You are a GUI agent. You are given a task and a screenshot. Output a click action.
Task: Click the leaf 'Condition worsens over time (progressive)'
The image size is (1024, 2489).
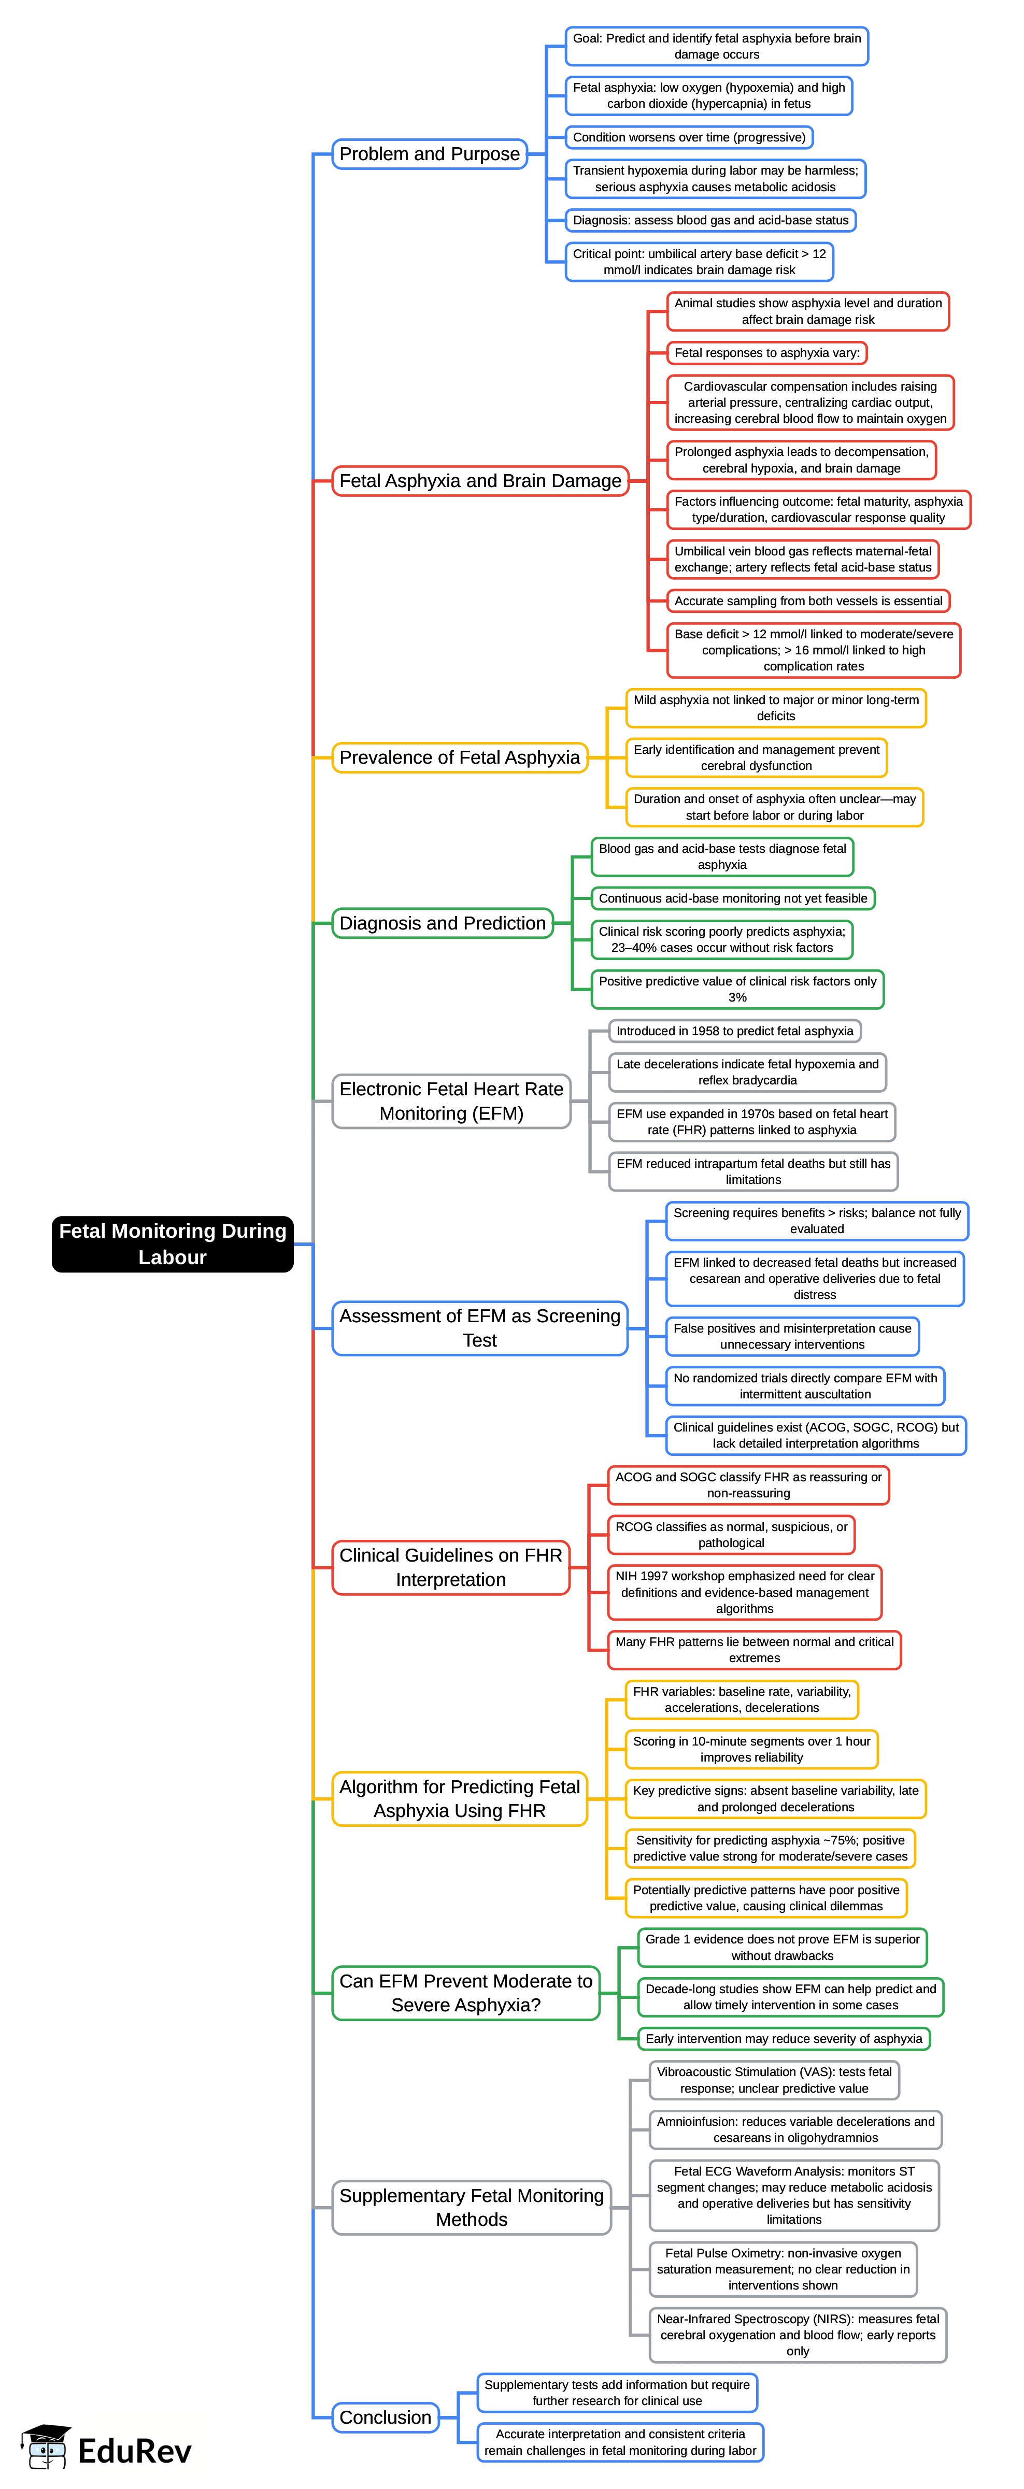pos(689,137)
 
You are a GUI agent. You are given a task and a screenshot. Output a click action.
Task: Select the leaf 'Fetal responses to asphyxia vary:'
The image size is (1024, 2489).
pos(767,353)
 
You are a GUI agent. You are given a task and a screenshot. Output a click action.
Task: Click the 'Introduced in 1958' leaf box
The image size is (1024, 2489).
pos(734,1031)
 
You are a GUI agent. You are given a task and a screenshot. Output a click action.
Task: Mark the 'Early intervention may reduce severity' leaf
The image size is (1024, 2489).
pos(784,2039)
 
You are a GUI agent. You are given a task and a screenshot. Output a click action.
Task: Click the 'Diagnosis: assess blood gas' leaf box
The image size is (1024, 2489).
pos(710,220)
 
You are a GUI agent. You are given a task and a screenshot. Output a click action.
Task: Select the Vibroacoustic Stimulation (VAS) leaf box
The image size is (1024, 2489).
pos(774,2080)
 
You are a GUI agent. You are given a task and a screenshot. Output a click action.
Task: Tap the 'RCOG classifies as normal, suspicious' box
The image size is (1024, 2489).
pos(731,1534)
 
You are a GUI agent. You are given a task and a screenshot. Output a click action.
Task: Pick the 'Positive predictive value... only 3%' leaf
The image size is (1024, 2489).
pos(737,990)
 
